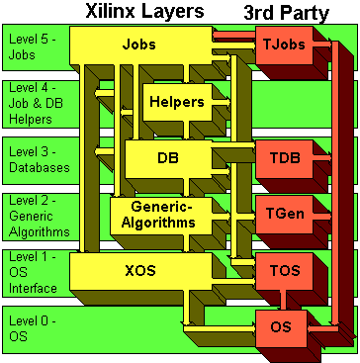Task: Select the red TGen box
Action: (x=282, y=214)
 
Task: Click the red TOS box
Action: (x=282, y=270)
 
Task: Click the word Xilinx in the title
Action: (x=112, y=12)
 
